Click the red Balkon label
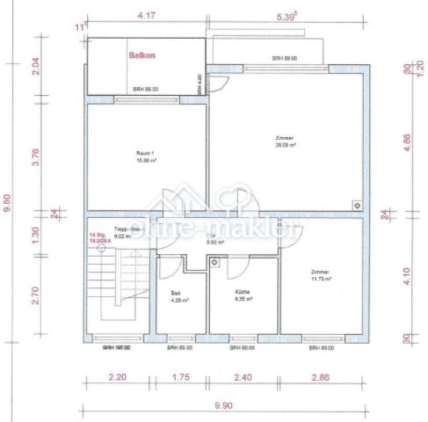tap(141, 55)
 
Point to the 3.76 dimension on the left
tap(35, 156)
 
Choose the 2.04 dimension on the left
tap(35, 66)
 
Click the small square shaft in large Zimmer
tap(357, 204)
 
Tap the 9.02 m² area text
tap(98, 236)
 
